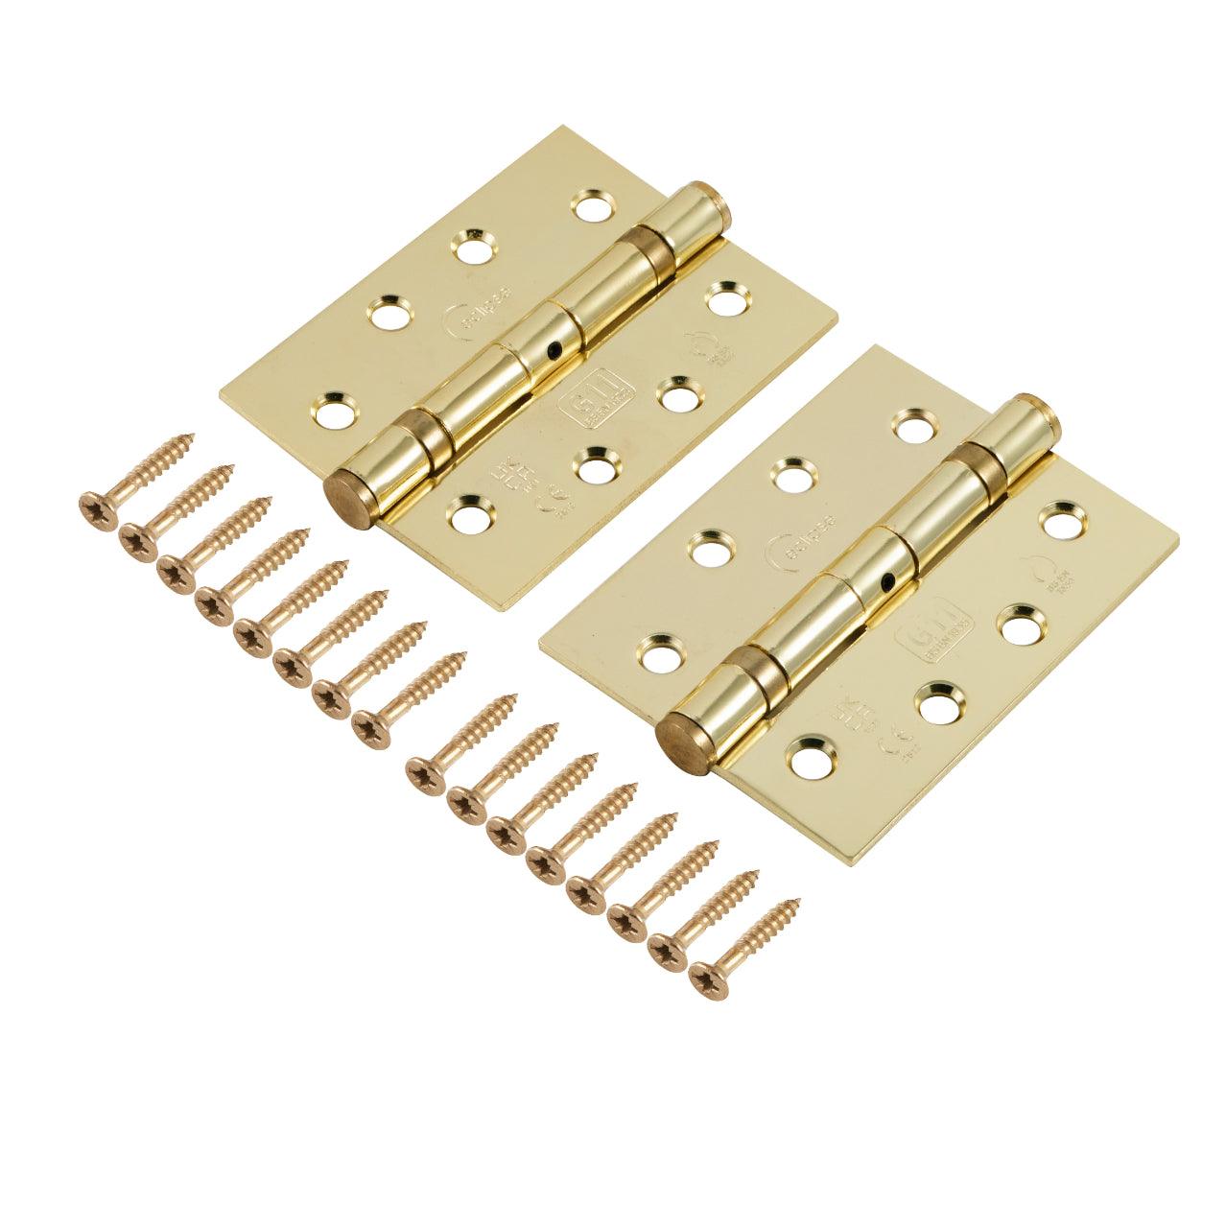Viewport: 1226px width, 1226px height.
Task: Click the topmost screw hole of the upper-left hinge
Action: pyautogui.click(x=592, y=204)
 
